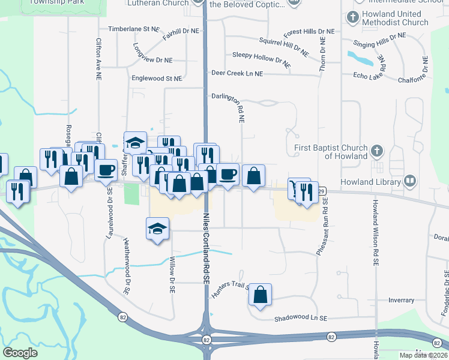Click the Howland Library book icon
pos(411,181)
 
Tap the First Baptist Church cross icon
pos(377,149)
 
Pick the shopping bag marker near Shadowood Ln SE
pos(260,295)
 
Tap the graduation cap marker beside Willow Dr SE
pos(158,229)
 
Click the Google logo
pos(20,352)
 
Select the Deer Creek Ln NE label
pos(237,73)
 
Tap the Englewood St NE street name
pos(157,79)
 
